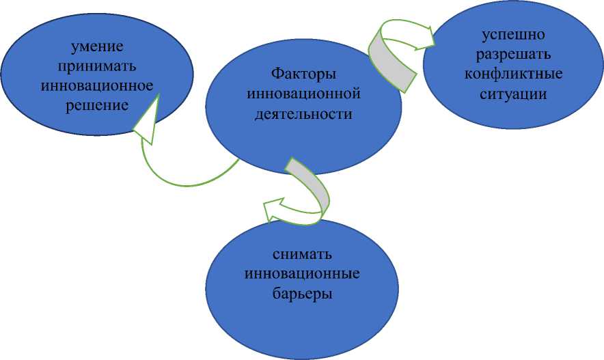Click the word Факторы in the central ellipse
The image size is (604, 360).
[303, 74]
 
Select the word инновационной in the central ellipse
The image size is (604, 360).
[303, 94]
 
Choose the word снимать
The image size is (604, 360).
[302, 255]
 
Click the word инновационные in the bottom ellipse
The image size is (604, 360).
[302, 275]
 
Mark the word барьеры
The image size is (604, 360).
[302, 294]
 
